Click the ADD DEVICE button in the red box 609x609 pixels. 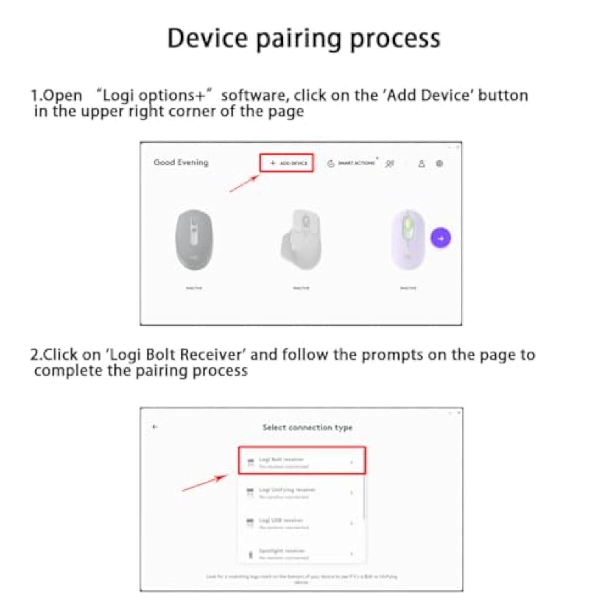[287, 163]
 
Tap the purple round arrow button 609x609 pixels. [441, 238]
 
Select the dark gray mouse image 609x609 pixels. [194, 240]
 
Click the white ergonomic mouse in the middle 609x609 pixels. [302, 240]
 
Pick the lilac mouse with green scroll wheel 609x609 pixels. [408, 240]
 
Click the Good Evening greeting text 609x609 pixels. [181, 162]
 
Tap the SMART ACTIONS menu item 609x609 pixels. [352, 163]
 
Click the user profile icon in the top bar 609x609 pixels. [421, 164]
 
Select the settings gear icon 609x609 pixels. [439, 164]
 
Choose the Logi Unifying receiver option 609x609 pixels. [301, 492]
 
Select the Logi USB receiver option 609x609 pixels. [301, 523]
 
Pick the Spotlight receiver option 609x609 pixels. [301, 553]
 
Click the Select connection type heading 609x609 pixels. [307, 427]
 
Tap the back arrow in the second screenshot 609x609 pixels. [155, 427]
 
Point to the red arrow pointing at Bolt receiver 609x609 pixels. [205, 483]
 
